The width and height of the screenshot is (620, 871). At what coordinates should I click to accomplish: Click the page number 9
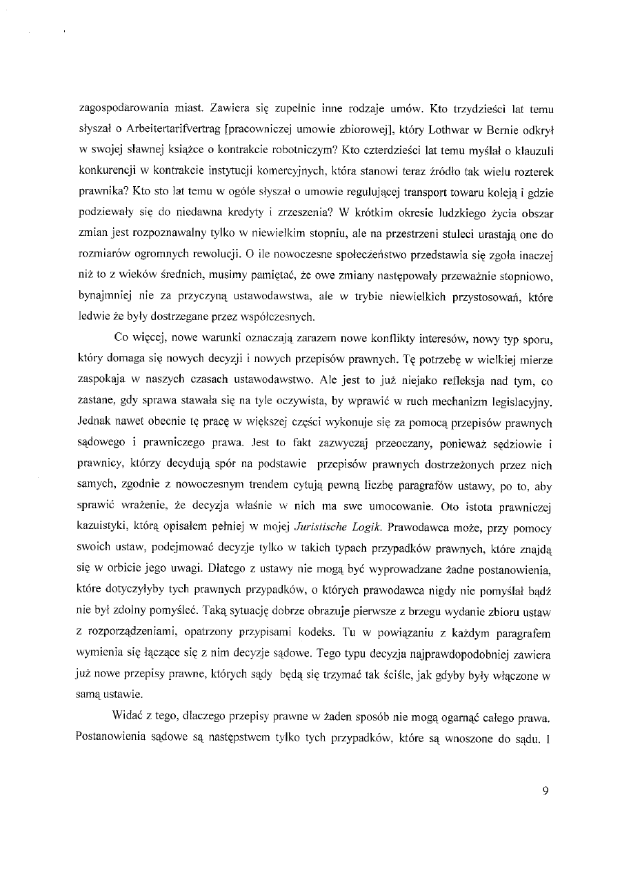[545, 791]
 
